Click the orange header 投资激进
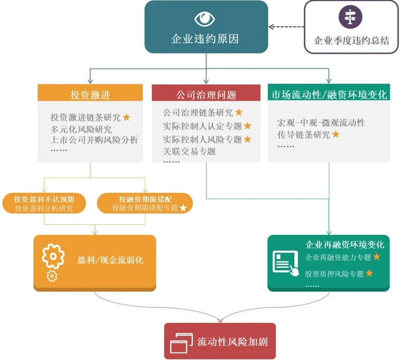(x=90, y=94)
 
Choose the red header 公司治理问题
(x=206, y=94)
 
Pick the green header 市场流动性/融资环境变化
(x=329, y=94)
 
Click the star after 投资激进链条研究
(x=126, y=117)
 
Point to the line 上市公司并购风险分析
(x=94, y=139)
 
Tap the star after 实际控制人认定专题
(x=248, y=125)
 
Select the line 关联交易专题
(x=189, y=151)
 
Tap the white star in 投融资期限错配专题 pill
(x=184, y=208)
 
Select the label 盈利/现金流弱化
(x=110, y=261)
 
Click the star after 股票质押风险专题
(x=369, y=272)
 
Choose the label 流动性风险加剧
(x=227, y=341)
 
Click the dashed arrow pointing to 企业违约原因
(x=286, y=26)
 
